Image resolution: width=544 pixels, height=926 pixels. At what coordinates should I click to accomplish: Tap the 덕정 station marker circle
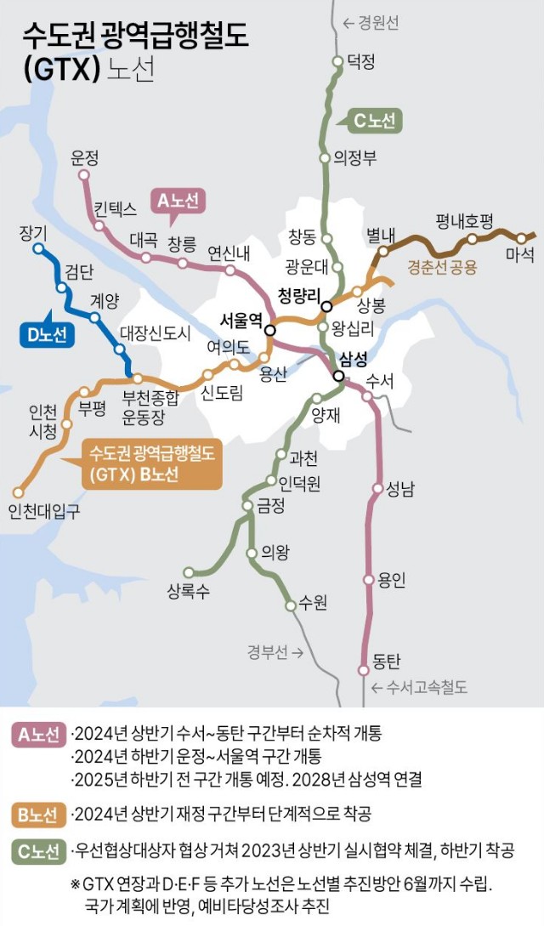(334, 60)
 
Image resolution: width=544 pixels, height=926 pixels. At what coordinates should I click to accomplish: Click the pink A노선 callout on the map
(179, 201)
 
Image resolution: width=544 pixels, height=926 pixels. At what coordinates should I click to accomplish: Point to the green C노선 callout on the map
(374, 121)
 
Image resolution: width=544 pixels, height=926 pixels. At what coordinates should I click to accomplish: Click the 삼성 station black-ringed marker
(338, 376)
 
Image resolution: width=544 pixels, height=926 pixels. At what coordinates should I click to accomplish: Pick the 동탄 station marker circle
(364, 669)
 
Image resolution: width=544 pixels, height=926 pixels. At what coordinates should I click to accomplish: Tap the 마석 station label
(519, 253)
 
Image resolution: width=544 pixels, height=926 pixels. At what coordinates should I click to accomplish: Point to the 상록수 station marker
(189, 572)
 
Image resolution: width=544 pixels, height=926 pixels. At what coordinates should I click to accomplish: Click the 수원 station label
(313, 603)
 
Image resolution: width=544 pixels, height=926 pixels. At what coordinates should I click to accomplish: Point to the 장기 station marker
(38, 249)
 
